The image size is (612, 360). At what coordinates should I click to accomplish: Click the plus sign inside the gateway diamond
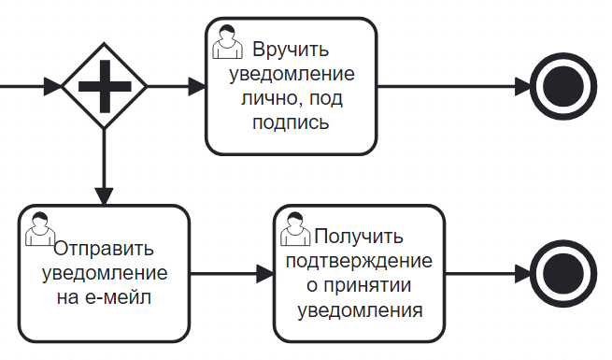tap(105, 86)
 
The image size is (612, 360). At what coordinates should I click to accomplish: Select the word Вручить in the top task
tap(291, 50)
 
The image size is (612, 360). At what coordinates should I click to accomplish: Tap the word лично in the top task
tap(270, 98)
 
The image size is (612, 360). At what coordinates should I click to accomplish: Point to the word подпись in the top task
tap(291, 122)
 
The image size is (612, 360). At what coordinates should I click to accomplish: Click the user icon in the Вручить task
tap(227, 42)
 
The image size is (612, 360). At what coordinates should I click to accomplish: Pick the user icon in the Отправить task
tap(40, 229)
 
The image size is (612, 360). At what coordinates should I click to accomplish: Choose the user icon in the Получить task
tap(295, 229)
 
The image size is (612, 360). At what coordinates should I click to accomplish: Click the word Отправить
tap(104, 249)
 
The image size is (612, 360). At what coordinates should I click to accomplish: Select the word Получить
tap(359, 237)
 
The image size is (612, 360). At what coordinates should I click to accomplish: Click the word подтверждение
tap(359, 261)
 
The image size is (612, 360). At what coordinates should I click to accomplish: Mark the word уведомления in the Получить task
tap(360, 310)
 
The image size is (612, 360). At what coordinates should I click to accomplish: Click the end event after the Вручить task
tap(563, 86)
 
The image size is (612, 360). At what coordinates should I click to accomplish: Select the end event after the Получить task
tap(563, 274)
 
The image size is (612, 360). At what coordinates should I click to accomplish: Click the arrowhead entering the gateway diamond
tap(52, 86)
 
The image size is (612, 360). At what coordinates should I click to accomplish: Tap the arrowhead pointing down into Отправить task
tap(105, 196)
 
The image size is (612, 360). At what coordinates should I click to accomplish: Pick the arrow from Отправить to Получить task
tap(232, 274)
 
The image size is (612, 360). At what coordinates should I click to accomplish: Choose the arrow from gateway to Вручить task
tap(177, 86)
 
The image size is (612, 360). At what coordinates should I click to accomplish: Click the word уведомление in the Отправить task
tap(105, 273)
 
